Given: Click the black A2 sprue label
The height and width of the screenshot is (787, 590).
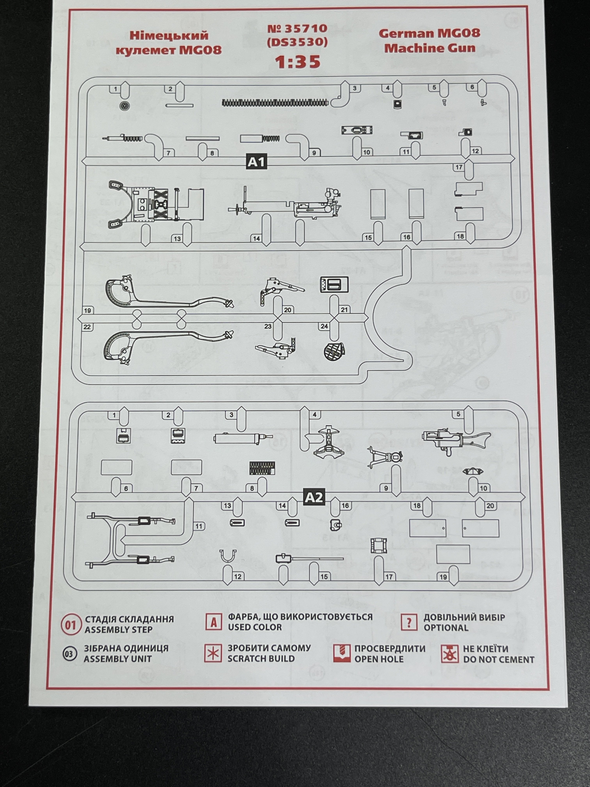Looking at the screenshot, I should coord(314,497).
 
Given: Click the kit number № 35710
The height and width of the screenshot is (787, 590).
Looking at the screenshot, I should coord(297,28).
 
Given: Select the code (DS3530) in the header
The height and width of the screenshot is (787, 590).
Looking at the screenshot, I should coord(297,42).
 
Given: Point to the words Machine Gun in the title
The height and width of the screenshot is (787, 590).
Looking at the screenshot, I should coord(430,48).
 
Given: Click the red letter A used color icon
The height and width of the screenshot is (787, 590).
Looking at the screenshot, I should coord(214,623).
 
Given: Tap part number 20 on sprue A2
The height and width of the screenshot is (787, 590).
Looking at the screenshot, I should coord(490,506).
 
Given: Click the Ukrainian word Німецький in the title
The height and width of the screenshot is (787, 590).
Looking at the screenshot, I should coord(169,36).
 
